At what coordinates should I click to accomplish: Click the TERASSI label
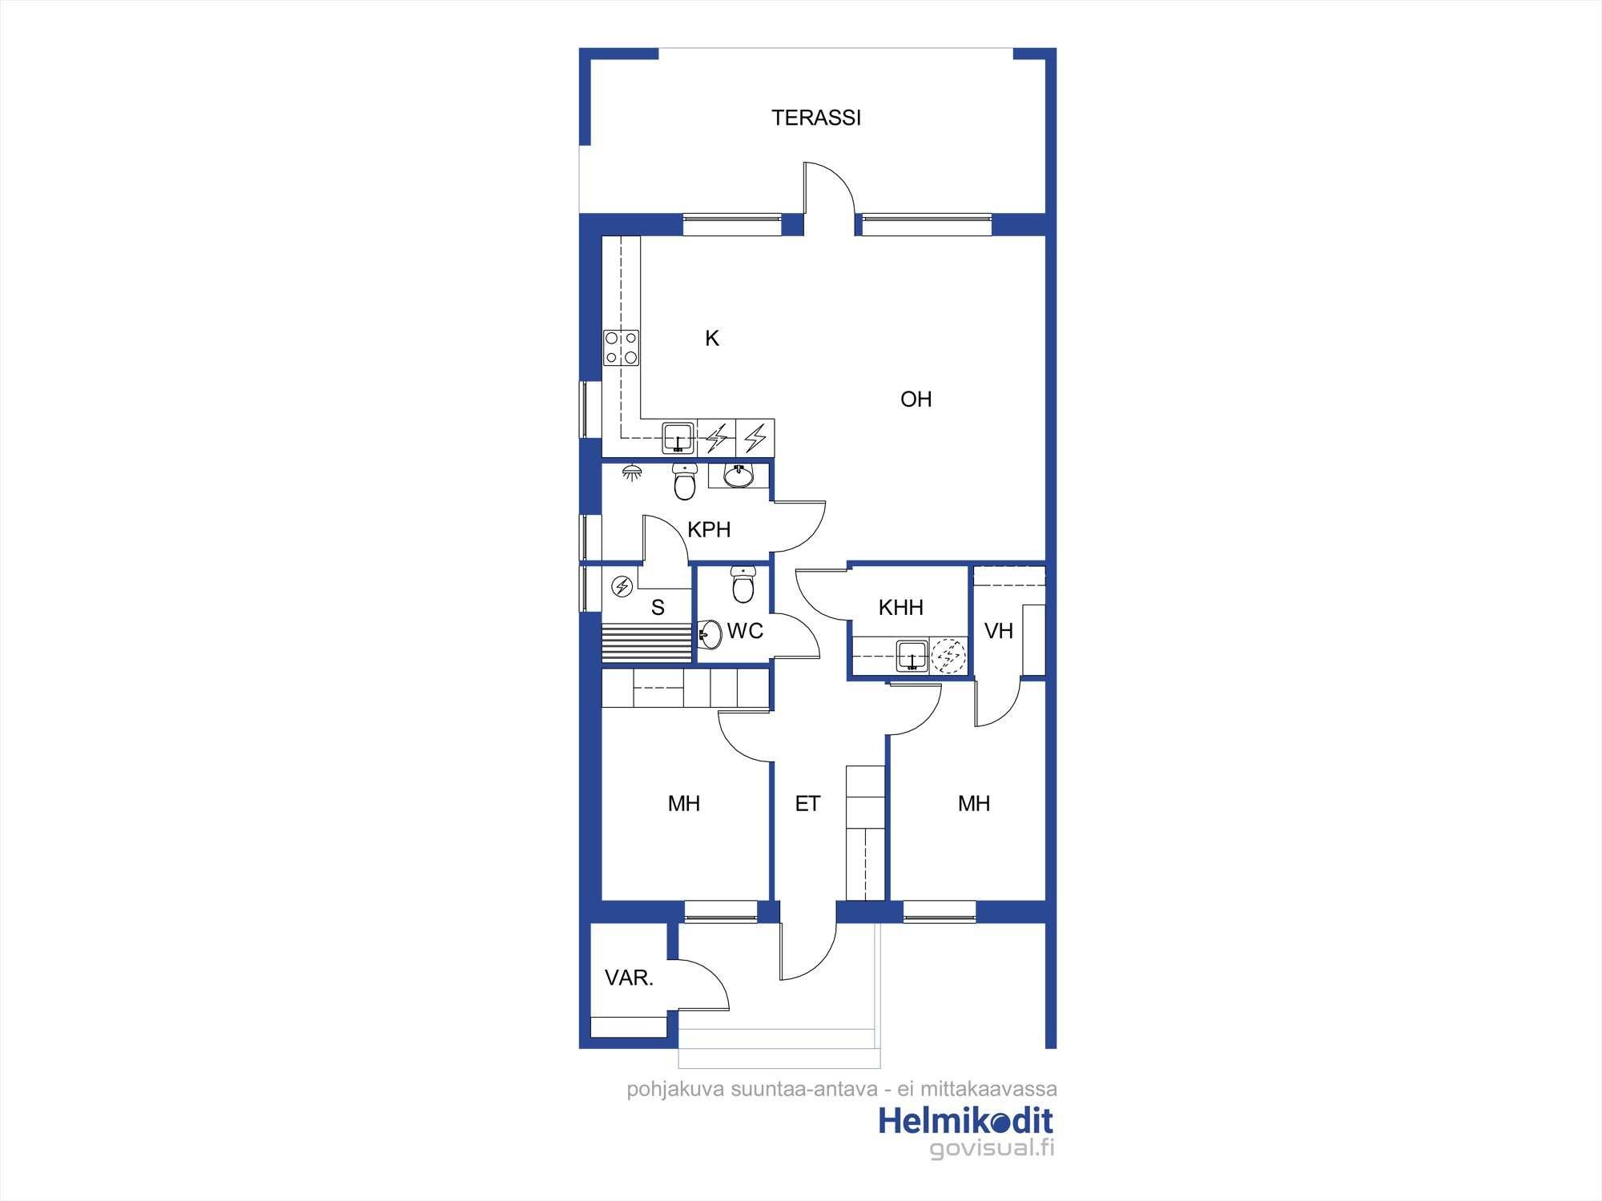[816, 118]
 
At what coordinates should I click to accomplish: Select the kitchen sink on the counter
[678, 438]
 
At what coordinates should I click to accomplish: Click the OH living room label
[916, 399]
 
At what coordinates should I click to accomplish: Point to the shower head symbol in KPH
[632, 471]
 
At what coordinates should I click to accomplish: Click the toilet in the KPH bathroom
[684, 480]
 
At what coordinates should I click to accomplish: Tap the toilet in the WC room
[743, 584]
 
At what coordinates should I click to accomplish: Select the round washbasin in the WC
[708, 636]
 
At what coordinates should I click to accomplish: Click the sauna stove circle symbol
[622, 587]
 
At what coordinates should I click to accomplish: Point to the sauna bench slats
[646, 642]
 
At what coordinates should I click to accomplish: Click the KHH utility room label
[901, 608]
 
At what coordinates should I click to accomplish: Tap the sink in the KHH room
[912, 656]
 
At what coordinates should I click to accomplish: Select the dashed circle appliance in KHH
[949, 656]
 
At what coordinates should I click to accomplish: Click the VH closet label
[998, 632]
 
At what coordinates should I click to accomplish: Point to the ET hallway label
[807, 804]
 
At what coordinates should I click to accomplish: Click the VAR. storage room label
[629, 978]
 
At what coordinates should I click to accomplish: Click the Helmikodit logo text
[965, 1121]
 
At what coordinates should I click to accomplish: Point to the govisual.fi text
[992, 1149]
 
